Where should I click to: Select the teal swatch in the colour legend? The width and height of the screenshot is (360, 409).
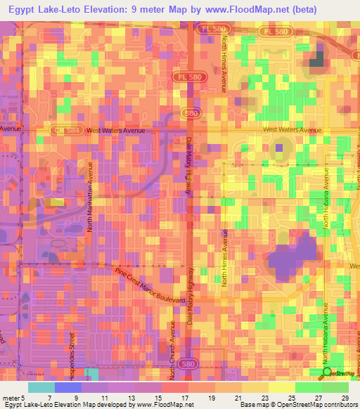point(41,387)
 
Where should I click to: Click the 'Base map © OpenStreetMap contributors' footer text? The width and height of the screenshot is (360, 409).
point(298,405)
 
